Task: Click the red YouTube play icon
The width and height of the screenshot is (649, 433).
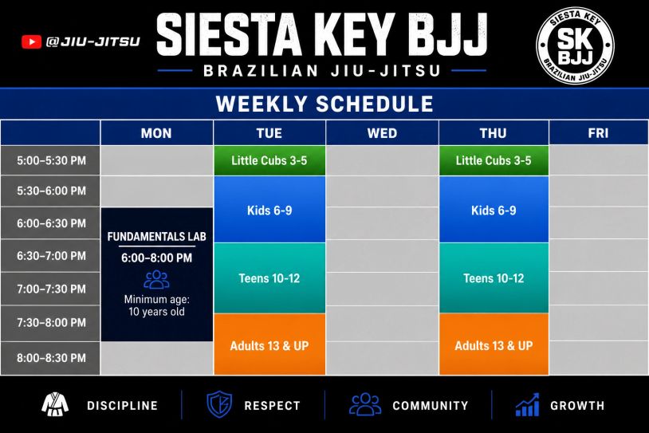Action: point(31,41)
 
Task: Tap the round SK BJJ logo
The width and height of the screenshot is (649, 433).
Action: point(575,45)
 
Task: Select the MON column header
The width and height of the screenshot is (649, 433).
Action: point(156,133)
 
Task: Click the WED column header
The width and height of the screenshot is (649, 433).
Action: point(382,133)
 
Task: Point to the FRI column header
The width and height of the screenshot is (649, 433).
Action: point(599,133)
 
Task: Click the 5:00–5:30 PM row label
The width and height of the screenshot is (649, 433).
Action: point(51,160)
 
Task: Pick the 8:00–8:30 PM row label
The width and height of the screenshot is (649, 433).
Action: point(51,358)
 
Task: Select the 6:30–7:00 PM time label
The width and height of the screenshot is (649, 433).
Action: point(51,256)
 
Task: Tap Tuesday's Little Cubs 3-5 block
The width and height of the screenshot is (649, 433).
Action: point(269,160)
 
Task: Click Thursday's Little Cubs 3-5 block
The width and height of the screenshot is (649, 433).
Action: point(494,160)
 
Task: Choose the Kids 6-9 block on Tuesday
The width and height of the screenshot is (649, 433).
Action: point(269,210)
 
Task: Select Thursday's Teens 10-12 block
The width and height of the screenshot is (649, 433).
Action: point(494,278)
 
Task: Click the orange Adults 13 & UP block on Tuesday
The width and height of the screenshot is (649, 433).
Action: point(269,344)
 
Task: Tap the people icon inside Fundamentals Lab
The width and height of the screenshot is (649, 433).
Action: point(156,279)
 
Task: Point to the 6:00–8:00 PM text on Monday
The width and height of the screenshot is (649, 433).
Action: point(156,258)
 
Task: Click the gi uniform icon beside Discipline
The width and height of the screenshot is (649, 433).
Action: point(55,404)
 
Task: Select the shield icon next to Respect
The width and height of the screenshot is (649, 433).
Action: point(219,404)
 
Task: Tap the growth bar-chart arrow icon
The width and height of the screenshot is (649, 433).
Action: point(527,404)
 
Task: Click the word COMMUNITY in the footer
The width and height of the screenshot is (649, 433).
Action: point(431,406)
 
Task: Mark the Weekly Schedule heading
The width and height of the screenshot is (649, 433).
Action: point(324,104)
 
